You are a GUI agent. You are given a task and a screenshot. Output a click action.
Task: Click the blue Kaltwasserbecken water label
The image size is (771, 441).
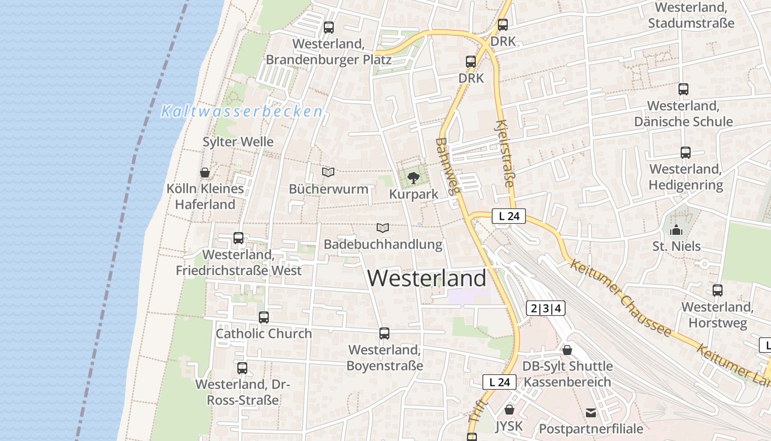[242, 111]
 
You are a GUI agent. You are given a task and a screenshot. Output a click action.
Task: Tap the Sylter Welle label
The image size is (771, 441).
[238, 142]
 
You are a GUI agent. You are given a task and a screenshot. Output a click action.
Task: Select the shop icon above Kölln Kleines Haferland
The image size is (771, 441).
[205, 173]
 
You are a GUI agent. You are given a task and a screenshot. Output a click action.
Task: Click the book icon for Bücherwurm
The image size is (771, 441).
[328, 173]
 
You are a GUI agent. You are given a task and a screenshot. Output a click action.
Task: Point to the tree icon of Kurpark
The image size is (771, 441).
[414, 178]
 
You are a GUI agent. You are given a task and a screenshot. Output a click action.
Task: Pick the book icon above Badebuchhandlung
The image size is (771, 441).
[383, 228]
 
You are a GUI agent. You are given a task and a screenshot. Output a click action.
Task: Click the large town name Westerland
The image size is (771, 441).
[427, 278]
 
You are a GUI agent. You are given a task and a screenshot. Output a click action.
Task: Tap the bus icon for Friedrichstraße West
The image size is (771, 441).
[238, 238]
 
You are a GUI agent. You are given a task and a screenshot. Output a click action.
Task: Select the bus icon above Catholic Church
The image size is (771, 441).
[264, 318]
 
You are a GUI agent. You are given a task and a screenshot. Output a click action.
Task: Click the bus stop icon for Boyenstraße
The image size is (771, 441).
[384, 334]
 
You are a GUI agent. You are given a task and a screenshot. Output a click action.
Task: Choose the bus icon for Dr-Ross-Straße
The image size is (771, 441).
[242, 368]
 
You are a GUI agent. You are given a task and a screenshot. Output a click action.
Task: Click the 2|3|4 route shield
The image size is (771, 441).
[546, 308]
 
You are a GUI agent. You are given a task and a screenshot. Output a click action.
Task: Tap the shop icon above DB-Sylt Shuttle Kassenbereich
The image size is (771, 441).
[567, 350]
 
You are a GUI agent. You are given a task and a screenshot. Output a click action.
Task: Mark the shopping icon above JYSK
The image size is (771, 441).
[509, 410]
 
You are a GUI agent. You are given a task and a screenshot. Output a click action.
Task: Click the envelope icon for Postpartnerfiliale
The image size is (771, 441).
[591, 412]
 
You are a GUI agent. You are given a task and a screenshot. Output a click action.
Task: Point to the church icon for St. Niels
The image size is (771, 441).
[676, 230]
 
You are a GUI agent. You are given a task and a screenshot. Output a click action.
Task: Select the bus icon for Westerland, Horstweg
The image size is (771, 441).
[718, 291]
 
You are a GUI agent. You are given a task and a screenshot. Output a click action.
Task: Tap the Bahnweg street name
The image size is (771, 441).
[447, 166]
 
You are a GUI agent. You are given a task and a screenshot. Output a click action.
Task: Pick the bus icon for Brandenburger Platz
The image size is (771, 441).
[329, 27]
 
